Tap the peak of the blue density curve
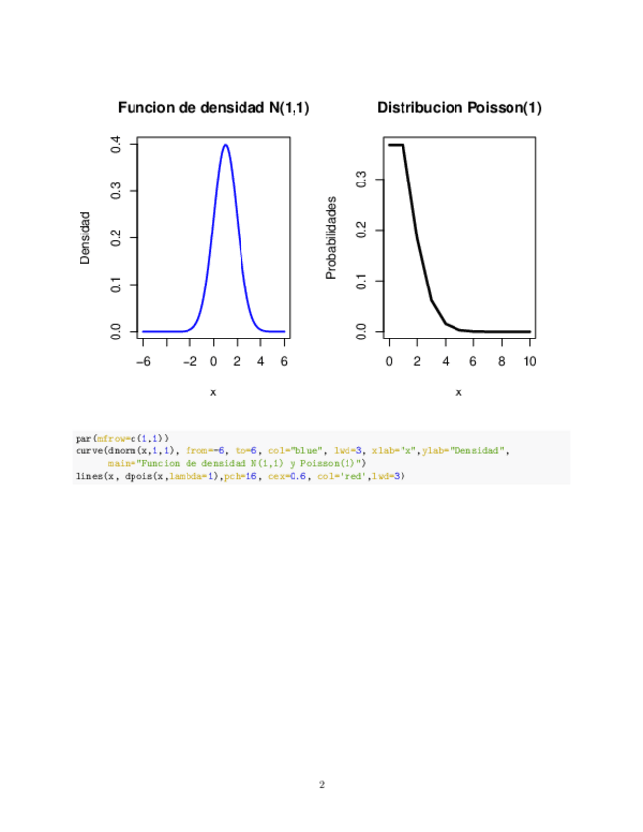click(226, 146)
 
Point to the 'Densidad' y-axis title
click(85, 237)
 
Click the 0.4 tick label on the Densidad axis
click(117, 145)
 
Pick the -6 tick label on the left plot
click(142, 360)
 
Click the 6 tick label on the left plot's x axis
click(285, 360)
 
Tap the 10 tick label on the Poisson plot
click(530, 360)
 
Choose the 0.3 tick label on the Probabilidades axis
click(362, 180)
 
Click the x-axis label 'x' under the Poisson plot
click(458, 392)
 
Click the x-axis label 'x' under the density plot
click(213, 392)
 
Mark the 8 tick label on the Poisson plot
click(502, 360)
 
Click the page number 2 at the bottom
click(321, 785)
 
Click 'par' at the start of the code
click(82, 438)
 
